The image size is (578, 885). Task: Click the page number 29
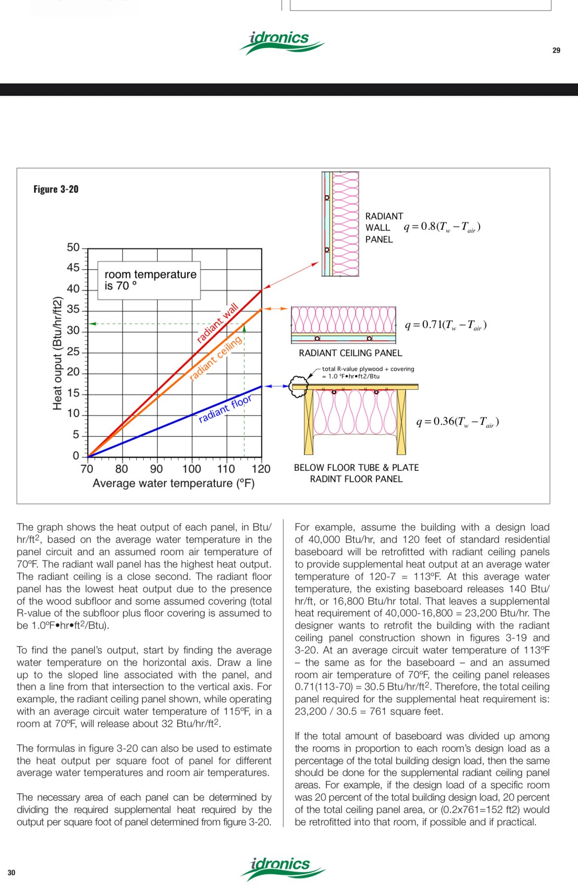pyautogui.click(x=556, y=50)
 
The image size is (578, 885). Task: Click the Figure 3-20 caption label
pyautogui.click(x=56, y=189)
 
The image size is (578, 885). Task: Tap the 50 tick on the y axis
pyautogui.click(x=73, y=247)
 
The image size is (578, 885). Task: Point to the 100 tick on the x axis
pyautogui.click(x=191, y=469)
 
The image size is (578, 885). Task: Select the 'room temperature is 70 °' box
pyautogui.click(x=149, y=281)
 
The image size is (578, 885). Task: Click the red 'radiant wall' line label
pyautogui.click(x=217, y=323)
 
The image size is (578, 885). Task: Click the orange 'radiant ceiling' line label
pyautogui.click(x=215, y=359)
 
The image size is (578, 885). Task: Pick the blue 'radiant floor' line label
pyautogui.click(x=225, y=409)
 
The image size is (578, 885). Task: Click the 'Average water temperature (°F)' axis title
pyautogui.click(x=173, y=483)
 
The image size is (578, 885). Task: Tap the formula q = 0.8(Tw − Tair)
pyautogui.click(x=442, y=227)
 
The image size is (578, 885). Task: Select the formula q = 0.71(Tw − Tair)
pyautogui.click(x=446, y=325)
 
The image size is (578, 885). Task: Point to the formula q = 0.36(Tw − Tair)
pyautogui.click(x=457, y=422)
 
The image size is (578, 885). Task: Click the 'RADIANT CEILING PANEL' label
pyautogui.click(x=350, y=353)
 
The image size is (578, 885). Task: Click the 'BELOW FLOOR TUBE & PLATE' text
pyautogui.click(x=356, y=468)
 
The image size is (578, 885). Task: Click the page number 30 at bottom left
pyautogui.click(x=11, y=872)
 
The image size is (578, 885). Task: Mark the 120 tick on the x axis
pyautogui.click(x=261, y=469)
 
